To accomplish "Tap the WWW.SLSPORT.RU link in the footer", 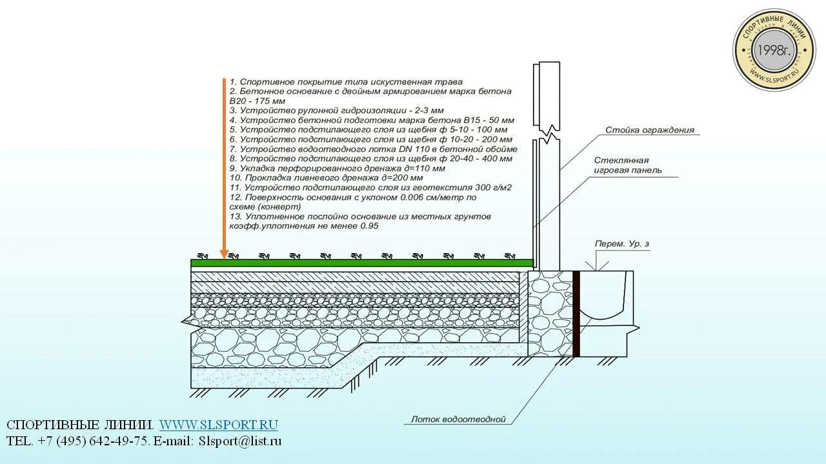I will point(218,425).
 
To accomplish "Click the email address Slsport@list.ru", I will point(240,441).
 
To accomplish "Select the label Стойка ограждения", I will point(649,130).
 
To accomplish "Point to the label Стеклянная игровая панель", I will point(627,166).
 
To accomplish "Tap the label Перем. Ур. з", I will point(621,244).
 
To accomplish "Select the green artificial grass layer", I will point(361,262).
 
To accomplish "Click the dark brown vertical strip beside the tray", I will point(576,313).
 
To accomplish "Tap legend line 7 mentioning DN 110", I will point(373,149).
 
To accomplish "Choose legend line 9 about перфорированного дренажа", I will point(337,168).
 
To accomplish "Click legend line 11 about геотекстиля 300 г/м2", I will point(370,188).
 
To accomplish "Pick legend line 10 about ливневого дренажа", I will point(326,178).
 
